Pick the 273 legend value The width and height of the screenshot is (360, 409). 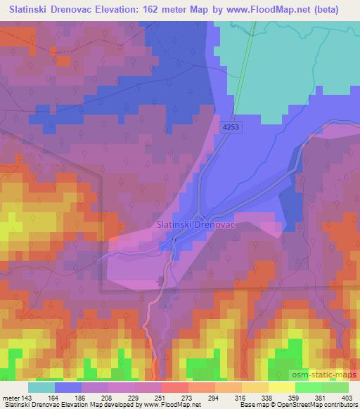coord(188,398)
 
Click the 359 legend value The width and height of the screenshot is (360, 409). coord(294,398)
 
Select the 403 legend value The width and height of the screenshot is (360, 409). coord(347,398)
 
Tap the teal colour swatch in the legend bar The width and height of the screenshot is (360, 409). coord(41,387)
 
